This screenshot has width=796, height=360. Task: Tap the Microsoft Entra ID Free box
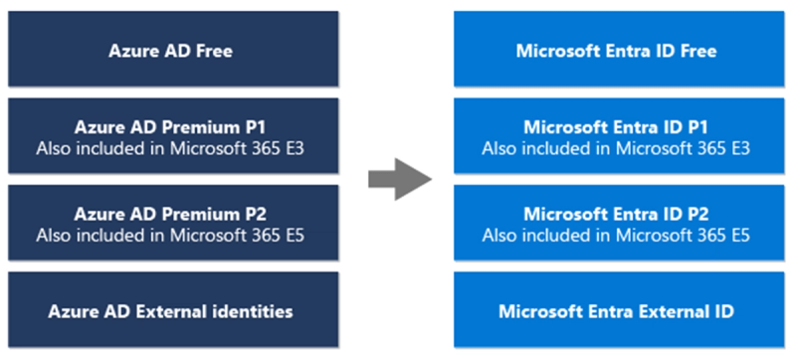(616, 51)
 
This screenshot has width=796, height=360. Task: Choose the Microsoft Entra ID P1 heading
(616, 127)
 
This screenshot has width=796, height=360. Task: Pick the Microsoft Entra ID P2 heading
(616, 213)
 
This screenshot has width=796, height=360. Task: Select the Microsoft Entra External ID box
(616, 311)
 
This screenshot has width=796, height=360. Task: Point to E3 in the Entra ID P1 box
(737, 149)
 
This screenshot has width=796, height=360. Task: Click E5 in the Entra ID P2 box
(737, 235)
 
